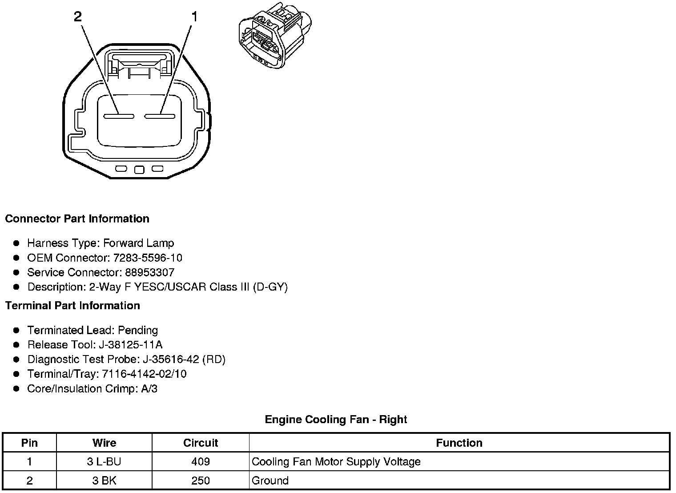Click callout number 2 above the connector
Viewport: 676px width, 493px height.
(x=78, y=17)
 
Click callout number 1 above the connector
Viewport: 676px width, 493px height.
(x=194, y=17)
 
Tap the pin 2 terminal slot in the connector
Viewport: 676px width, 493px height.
(x=119, y=117)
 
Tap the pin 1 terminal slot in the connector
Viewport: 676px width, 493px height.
(x=160, y=117)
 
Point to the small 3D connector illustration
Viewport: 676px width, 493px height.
(x=275, y=36)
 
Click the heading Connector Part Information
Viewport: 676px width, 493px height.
(x=77, y=218)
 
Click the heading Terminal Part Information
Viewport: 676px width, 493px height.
(x=72, y=305)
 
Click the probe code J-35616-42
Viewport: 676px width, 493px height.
(x=171, y=360)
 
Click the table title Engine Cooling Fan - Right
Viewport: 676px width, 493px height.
(x=336, y=419)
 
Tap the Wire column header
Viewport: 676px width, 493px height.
(x=104, y=443)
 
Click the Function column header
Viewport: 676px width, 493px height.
(x=459, y=443)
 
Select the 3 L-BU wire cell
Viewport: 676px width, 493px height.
(x=104, y=461)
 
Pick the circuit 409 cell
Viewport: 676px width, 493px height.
(x=201, y=461)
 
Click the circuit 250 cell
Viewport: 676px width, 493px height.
(x=201, y=481)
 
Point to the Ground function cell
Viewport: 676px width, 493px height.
(x=270, y=481)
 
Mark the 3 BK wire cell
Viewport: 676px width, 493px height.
(x=104, y=481)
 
